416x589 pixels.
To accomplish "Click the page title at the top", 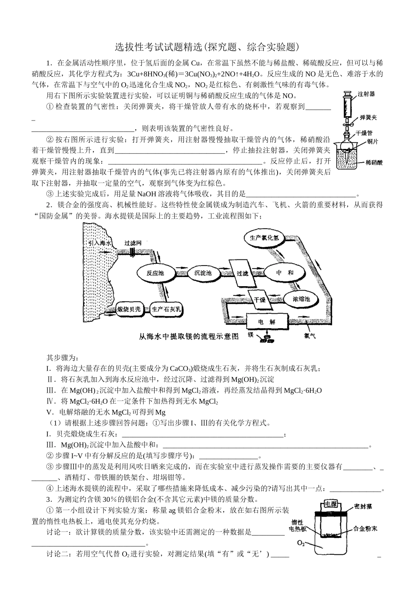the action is coord(208,46).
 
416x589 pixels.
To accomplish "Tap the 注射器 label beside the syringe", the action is coord(366,94).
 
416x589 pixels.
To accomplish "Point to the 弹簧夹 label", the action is coord(368,117).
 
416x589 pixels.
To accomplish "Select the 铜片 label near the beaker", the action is coord(373,142).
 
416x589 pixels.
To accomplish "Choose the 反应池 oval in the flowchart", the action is coord(155,273).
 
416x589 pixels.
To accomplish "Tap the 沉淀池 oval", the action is coord(202,273).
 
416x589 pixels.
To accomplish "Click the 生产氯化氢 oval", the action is coord(264,238).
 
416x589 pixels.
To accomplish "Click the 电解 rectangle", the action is coord(267,322).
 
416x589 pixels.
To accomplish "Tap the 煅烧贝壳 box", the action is coord(129,309).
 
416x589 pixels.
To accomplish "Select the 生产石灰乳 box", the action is coord(166,309).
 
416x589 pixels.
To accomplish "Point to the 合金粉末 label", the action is coord(365,529).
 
